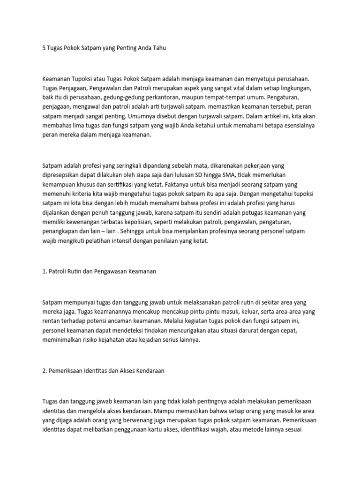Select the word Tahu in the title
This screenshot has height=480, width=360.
point(160,48)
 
